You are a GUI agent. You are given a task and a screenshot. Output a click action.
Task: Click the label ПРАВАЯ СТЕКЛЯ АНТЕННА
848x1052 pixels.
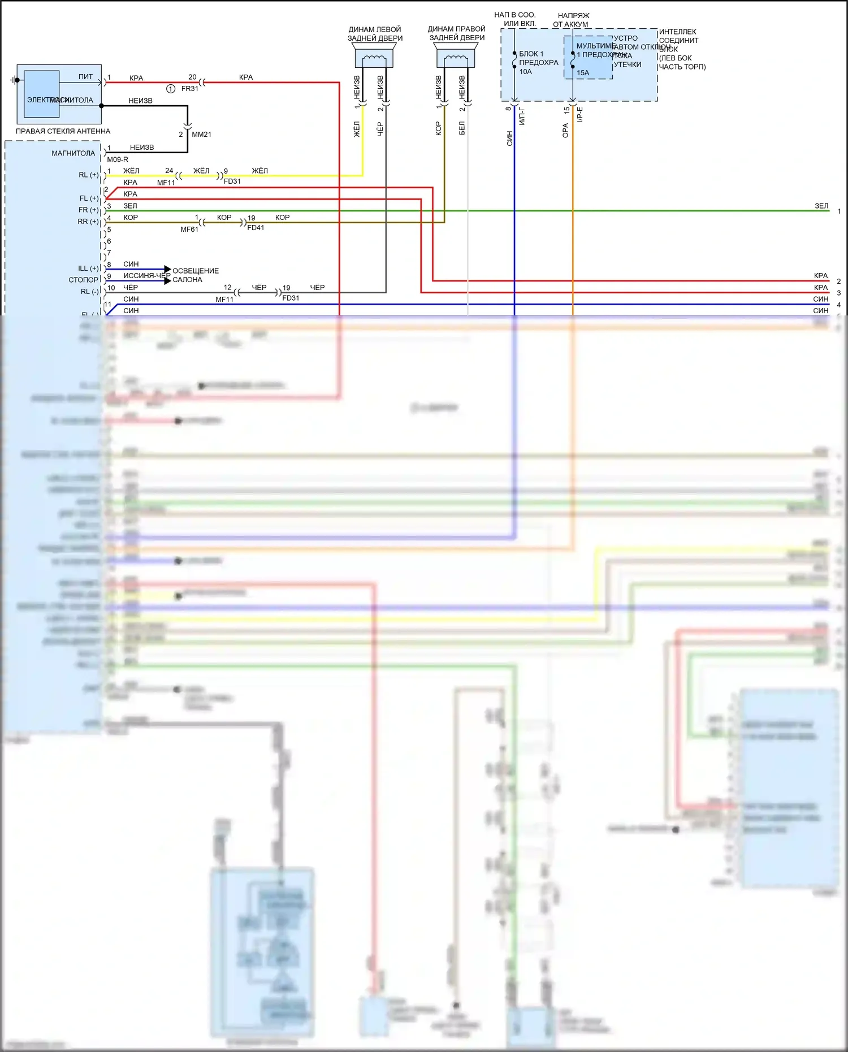(x=63, y=131)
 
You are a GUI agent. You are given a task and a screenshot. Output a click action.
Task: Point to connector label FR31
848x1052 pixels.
(x=190, y=89)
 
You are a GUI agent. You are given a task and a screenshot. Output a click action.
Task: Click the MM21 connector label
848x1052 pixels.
(x=201, y=135)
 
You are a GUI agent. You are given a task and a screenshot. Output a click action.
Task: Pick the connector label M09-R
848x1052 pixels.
(x=118, y=159)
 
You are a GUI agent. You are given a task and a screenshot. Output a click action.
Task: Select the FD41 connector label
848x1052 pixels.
(x=256, y=228)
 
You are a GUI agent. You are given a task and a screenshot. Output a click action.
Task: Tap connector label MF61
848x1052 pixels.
(x=189, y=230)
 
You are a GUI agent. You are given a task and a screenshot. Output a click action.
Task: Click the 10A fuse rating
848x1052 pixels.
(x=526, y=72)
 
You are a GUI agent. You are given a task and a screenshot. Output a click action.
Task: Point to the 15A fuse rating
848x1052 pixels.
(x=583, y=73)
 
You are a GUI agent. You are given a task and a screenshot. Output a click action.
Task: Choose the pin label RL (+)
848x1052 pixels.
(x=88, y=175)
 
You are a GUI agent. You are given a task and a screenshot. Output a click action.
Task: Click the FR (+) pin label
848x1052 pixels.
(x=88, y=210)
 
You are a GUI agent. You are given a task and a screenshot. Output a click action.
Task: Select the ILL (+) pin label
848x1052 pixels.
(x=88, y=269)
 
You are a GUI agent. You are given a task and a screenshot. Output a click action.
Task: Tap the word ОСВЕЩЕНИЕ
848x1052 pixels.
(x=196, y=271)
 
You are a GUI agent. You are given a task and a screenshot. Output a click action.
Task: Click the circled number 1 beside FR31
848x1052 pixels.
(x=171, y=89)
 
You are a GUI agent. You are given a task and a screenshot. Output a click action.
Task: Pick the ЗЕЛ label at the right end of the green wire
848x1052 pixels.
(x=821, y=206)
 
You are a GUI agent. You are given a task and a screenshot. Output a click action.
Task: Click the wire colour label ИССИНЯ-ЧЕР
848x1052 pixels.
(x=146, y=276)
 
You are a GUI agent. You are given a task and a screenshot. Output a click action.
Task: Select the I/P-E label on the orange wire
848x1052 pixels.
(x=580, y=115)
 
